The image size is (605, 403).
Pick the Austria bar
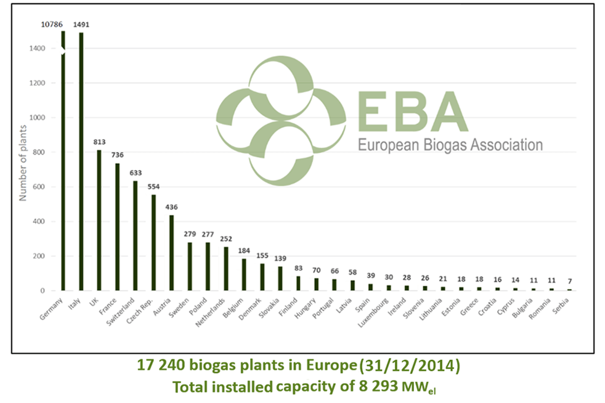pyautogui.click(x=171, y=253)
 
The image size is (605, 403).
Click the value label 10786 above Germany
pyautogui.click(x=52, y=24)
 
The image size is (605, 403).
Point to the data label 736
pyautogui.click(x=116, y=155)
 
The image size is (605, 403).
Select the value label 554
pyautogui.click(x=153, y=186)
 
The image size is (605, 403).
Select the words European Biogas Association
pyautogui.click(x=450, y=146)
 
